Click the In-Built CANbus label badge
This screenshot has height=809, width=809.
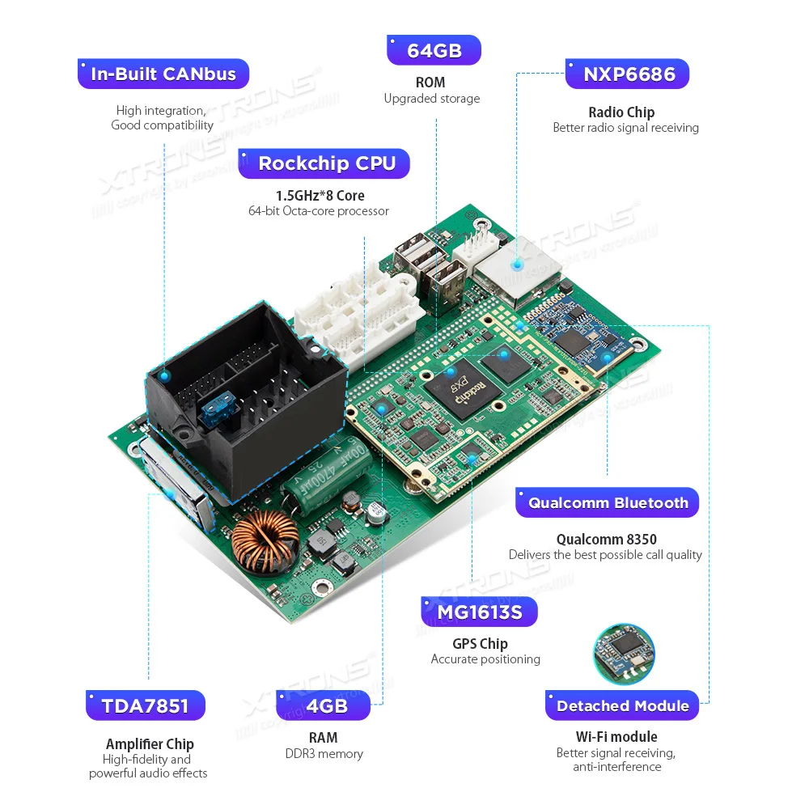pyautogui.click(x=163, y=74)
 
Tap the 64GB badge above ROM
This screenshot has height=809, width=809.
pyautogui.click(x=434, y=50)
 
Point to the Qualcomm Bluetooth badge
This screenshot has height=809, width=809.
pyautogui.click(x=608, y=502)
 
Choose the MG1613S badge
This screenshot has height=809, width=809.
pyautogui.click(x=480, y=612)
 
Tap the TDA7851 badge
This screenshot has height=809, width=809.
pyautogui.click(x=146, y=705)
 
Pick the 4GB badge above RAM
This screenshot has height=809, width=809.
pyautogui.click(x=323, y=705)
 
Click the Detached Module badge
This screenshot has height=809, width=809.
pyautogui.click(x=622, y=705)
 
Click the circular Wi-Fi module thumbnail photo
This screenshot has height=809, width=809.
pyautogui.click(x=623, y=654)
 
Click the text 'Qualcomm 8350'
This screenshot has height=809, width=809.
pyautogui.click(x=606, y=539)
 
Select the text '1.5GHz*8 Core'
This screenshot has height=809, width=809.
pyautogui.click(x=320, y=195)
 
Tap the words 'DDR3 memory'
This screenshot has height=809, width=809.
pyautogui.click(x=323, y=754)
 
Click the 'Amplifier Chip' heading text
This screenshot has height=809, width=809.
pyautogui.click(x=150, y=743)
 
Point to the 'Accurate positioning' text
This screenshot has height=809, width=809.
pyautogui.click(x=485, y=659)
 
